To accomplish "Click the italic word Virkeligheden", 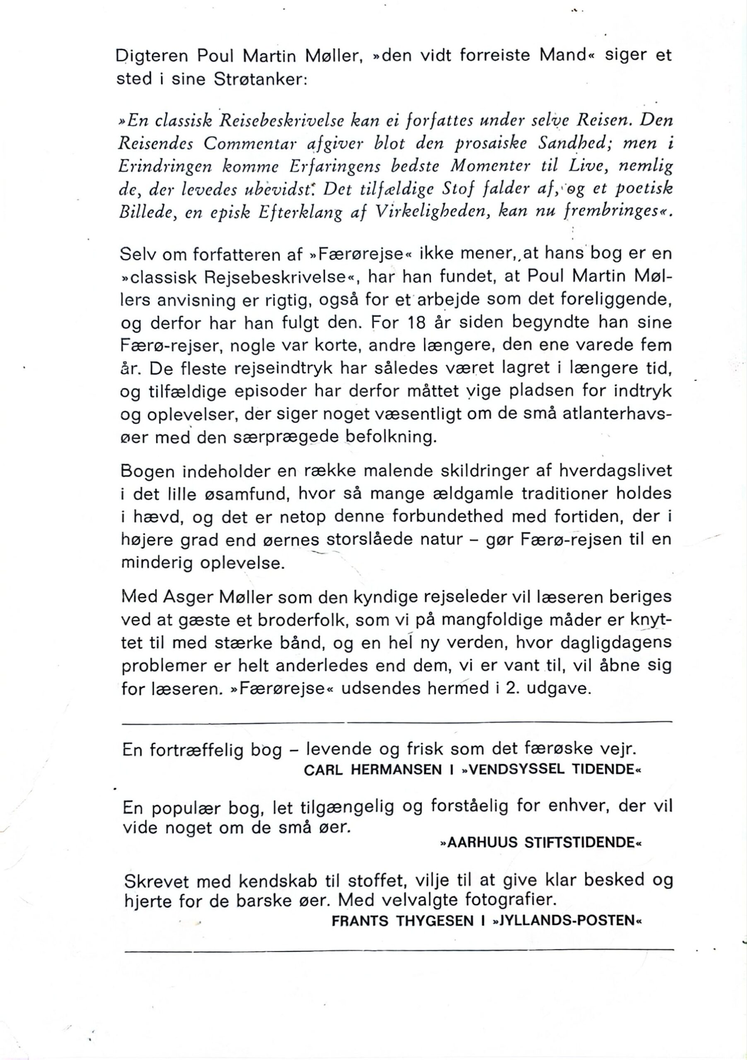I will [431, 212].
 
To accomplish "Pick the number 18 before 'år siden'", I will [418, 322].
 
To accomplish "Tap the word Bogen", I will [148, 471].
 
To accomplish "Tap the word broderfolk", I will [302, 620].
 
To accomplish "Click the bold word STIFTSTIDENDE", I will [579, 843].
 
